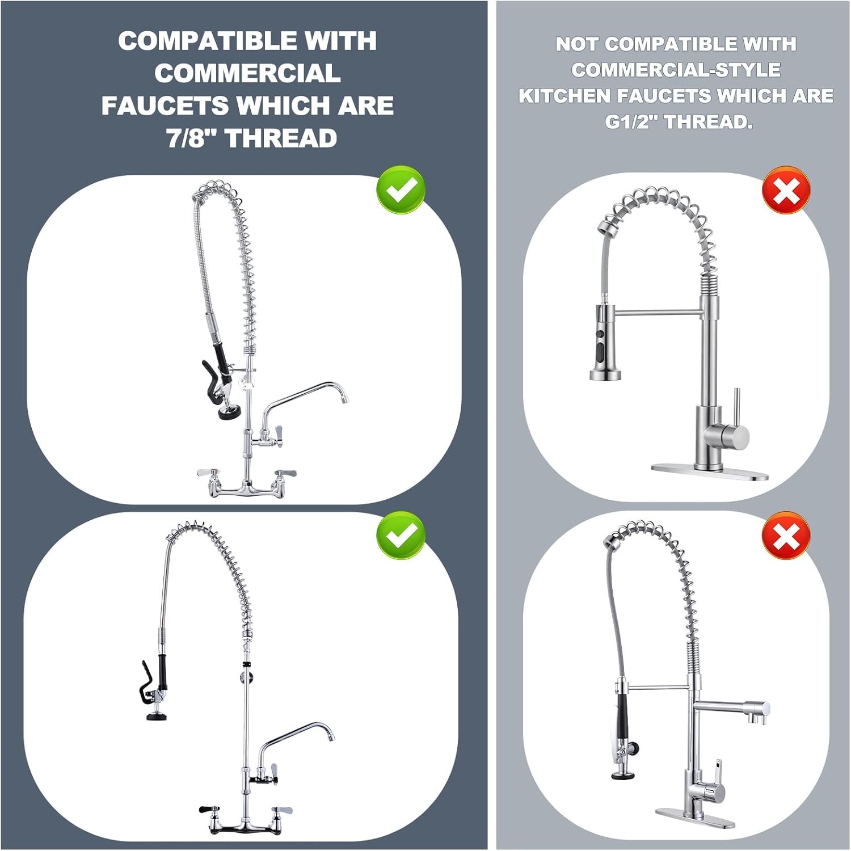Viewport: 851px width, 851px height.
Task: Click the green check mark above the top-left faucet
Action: (x=401, y=189)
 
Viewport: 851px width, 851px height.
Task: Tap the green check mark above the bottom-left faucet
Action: (x=401, y=535)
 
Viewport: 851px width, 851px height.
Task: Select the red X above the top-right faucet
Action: (x=786, y=190)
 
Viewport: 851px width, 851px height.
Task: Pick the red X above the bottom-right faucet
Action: (x=786, y=535)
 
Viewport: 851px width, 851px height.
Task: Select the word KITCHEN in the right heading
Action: (x=564, y=96)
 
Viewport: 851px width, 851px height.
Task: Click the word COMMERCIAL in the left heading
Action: (x=247, y=73)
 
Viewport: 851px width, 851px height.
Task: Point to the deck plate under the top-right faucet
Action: (x=709, y=472)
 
